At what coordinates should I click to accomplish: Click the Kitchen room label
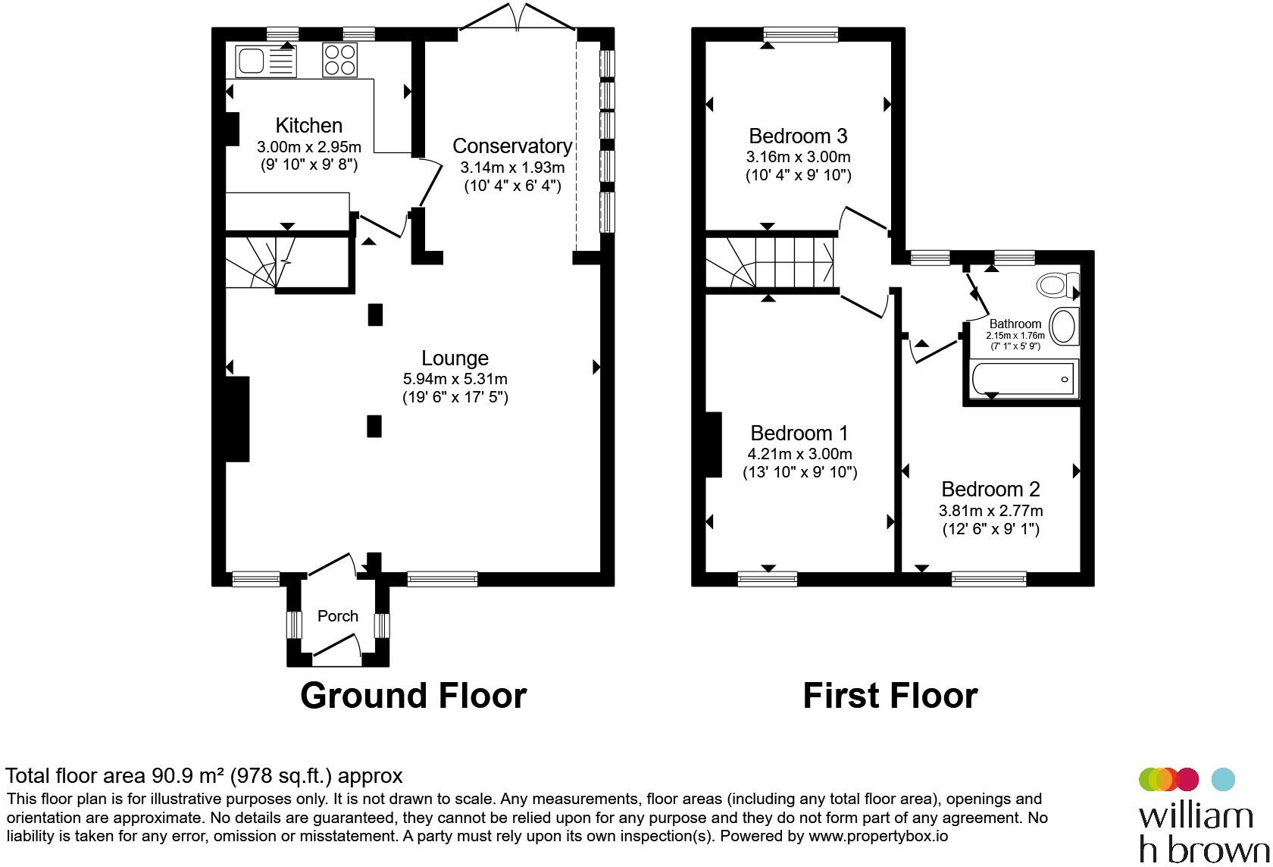pyautogui.click(x=308, y=125)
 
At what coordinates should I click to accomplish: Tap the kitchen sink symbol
pyautogui.click(x=265, y=61)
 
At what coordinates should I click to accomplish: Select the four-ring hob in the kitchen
pyautogui.click(x=339, y=61)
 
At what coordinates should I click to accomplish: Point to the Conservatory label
pyautogui.click(x=512, y=146)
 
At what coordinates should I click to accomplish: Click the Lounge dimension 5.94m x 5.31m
pyautogui.click(x=455, y=379)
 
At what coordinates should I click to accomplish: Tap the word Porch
pyautogui.click(x=338, y=615)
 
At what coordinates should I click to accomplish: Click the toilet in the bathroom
pyautogui.click(x=1058, y=284)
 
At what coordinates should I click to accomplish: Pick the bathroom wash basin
pyautogui.click(x=1064, y=327)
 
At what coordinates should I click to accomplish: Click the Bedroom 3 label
pyautogui.click(x=798, y=136)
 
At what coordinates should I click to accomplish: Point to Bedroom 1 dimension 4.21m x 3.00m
pyautogui.click(x=799, y=454)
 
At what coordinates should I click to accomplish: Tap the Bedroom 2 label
pyautogui.click(x=990, y=489)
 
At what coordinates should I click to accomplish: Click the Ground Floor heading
pyautogui.click(x=413, y=695)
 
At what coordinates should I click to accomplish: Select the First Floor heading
pyautogui.click(x=890, y=695)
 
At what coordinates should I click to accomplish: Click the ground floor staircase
pyautogui.click(x=261, y=263)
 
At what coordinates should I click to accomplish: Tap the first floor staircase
pyautogui.click(x=770, y=263)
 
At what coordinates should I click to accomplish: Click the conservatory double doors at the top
pyautogui.click(x=517, y=17)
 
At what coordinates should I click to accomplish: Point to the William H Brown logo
pyautogui.click(x=1203, y=815)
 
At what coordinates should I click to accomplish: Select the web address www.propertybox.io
pyautogui.click(x=878, y=836)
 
